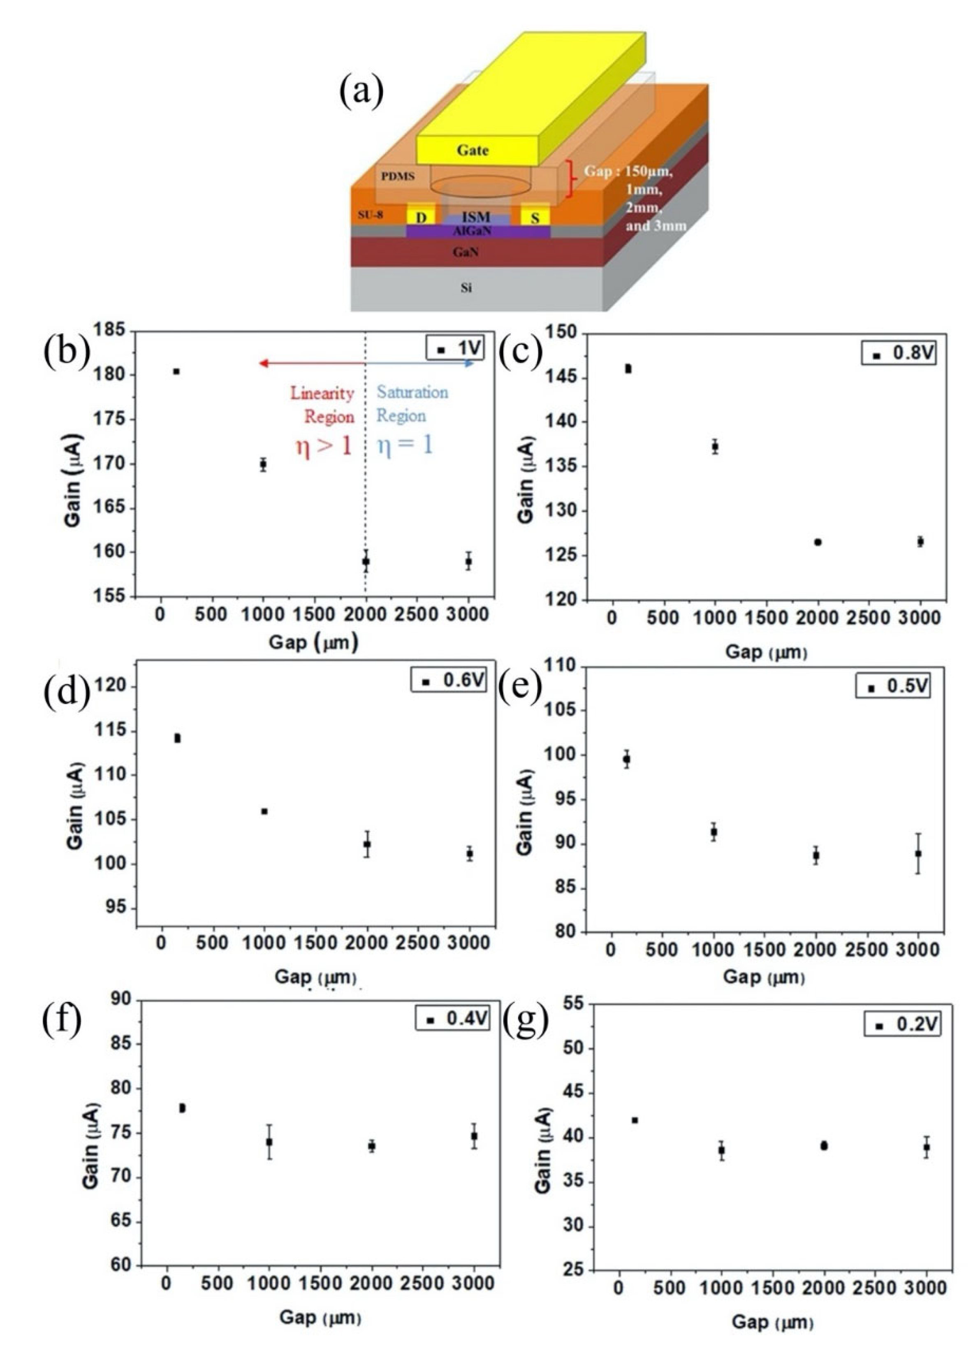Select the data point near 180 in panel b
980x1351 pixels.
[176, 372]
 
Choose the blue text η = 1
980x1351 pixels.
[405, 445]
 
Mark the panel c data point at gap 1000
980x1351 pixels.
[715, 446]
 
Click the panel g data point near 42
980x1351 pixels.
[635, 1120]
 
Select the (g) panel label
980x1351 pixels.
[525, 1026]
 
